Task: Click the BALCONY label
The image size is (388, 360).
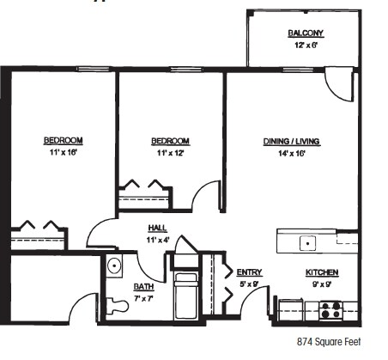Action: tap(306, 34)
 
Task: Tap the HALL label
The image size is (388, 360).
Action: tap(157, 228)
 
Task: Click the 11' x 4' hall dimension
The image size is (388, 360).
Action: tap(157, 239)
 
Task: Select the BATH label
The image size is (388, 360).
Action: tap(143, 286)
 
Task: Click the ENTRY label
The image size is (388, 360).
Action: tap(249, 272)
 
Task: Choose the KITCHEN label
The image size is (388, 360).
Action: tap(322, 272)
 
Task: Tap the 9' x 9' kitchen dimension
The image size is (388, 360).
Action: tap(322, 284)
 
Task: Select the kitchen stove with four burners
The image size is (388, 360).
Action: tap(330, 310)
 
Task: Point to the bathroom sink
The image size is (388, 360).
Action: tap(113, 267)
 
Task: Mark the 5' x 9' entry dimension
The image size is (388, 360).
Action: tap(249, 284)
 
